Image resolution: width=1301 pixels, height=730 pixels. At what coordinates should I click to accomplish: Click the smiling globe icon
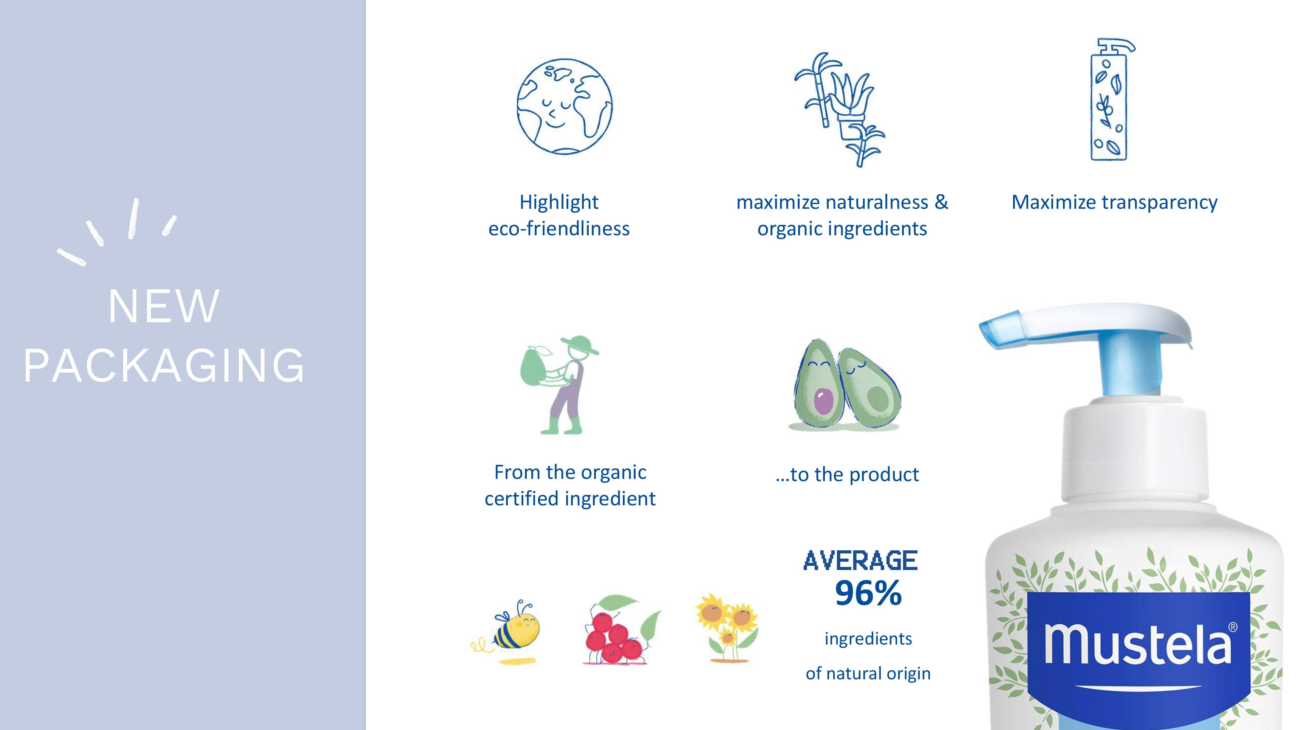coord(564,106)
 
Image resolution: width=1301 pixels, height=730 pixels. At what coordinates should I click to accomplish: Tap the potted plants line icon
coord(839,109)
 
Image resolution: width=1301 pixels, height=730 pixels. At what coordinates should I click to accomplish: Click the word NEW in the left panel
coord(164,306)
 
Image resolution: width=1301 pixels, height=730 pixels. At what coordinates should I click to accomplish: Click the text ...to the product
coord(847,475)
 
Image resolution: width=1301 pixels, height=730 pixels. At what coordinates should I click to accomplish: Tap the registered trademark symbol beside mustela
coord(1233,627)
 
